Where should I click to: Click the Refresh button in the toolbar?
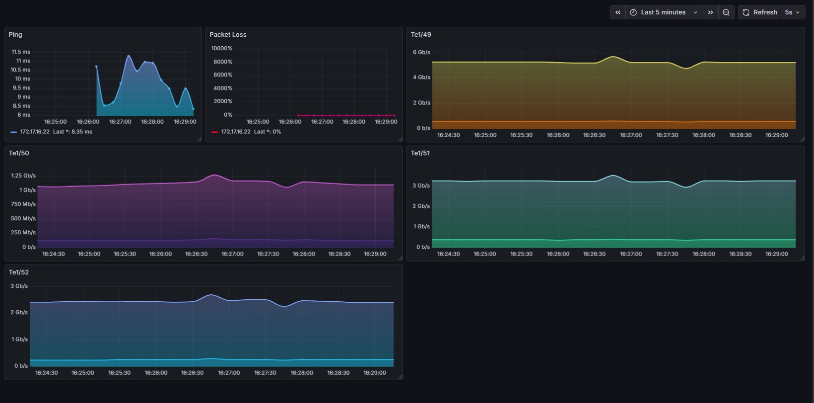(760, 12)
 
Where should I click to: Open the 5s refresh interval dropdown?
(792, 12)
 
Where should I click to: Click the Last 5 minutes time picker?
(663, 12)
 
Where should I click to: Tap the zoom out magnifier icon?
(726, 12)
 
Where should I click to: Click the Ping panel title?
(15, 35)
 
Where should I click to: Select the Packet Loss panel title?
(228, 35)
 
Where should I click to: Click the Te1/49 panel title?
(421, 35)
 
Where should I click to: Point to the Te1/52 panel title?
(19, 272)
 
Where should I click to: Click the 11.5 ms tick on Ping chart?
(21, 52)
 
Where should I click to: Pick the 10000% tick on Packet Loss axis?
(222, 48)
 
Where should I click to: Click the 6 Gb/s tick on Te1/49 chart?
(421, 52)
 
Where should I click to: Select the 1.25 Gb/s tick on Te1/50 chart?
(23, 176)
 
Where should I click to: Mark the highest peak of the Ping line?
(129, 56)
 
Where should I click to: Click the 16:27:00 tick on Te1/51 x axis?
(631, 254)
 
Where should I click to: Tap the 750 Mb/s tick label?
(23, 204)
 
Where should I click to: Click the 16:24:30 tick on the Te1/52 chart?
(47, 373)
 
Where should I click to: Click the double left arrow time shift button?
(618, 12)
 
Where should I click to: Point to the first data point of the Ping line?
(96, 67)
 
